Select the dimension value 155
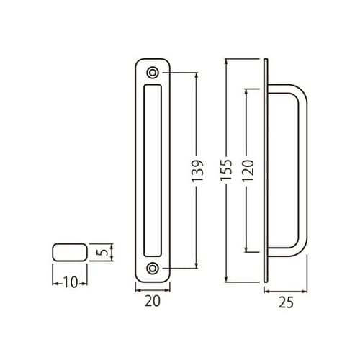tap(228, 170)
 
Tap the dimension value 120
tap(248, 170)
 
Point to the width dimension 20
tap(152, 303)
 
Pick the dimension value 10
tap(70, 283)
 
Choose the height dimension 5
tap(103, 253)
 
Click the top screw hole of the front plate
tap(153, 73)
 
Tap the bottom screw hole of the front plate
tap(153, 269)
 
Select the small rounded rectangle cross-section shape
tap(69, 253)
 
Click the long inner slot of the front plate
tap(153, 170)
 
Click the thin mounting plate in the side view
tap(267, 170)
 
